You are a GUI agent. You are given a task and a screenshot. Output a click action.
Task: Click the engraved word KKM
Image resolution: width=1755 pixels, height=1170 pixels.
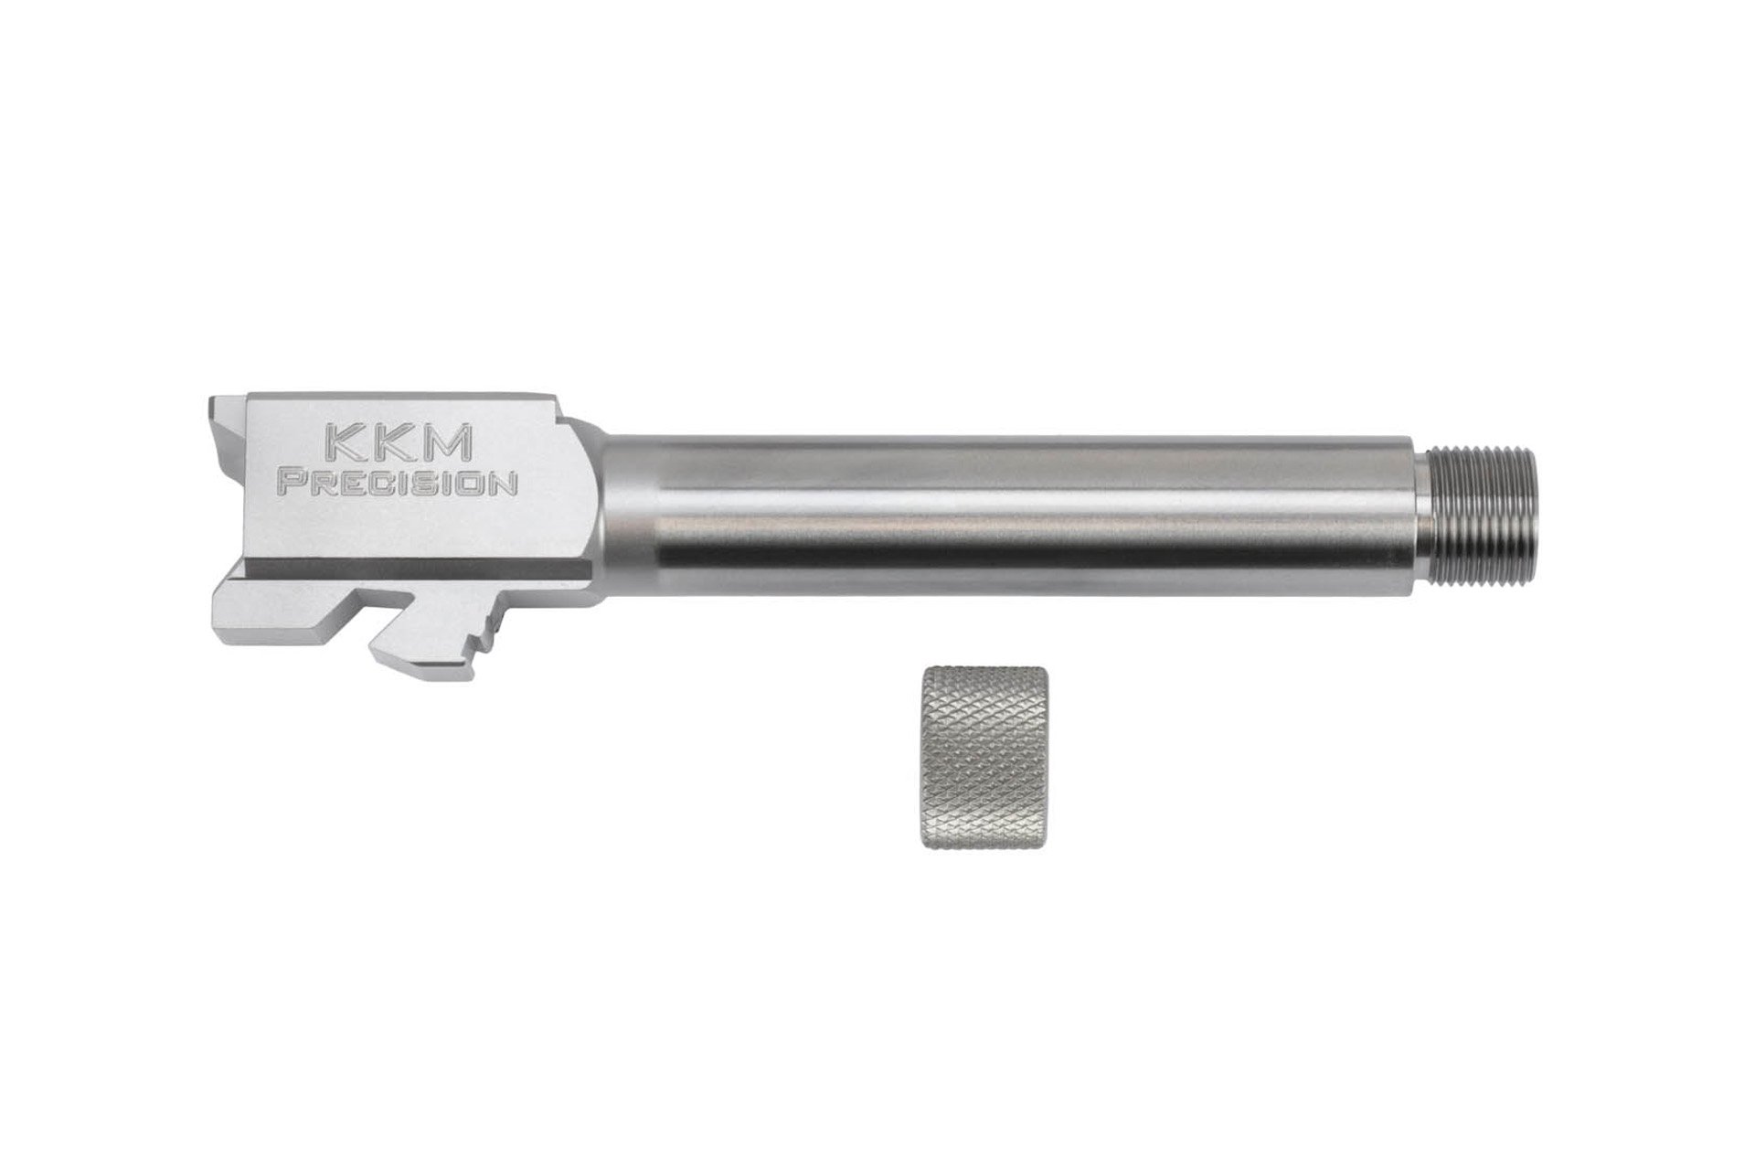398,445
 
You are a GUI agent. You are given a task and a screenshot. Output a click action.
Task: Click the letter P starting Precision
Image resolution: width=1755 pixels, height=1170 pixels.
292,484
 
